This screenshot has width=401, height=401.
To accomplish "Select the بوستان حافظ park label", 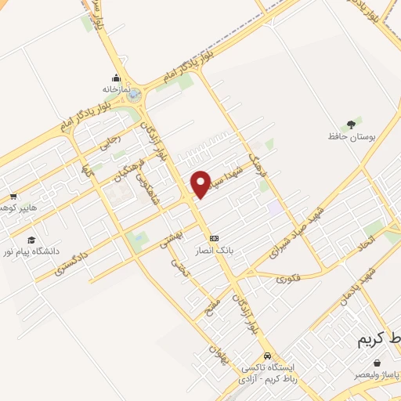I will pyautogui.click(x=352, y=137).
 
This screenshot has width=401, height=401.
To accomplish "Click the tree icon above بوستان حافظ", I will pyautogui.click(x=353, y=123).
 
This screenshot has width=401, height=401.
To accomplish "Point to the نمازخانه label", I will pyautogui.click(x=117, y=89).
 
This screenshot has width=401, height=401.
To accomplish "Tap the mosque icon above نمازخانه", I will pyautogui.click(x=117, y=78).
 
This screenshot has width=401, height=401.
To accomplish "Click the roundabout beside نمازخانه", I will pyautogui.click(x=135, y=95).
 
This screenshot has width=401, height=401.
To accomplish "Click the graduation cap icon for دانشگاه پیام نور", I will pyautogui.click(x=31, y=240).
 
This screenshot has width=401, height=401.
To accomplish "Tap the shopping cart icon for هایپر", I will pyautogui.click(x=13, y=197).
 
